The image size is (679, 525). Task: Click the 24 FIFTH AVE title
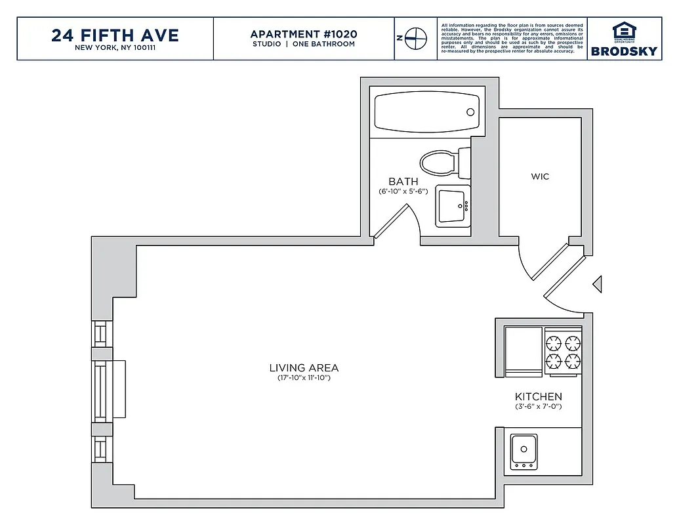[115, 34]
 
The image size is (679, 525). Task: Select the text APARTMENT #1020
[304, 33]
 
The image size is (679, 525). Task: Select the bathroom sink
[453, 207]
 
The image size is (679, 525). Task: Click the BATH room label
[403, 182]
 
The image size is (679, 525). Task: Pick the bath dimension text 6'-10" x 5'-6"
[403, 192]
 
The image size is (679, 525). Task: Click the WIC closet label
[540, 177]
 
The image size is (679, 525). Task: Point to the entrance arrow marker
[597, 284]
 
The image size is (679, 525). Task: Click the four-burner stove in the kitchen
[564, 351]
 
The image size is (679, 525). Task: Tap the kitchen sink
[524, 451]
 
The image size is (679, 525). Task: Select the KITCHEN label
[538, 396]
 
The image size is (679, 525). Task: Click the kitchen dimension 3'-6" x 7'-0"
[538, 407]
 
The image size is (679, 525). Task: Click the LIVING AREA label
[304, 368]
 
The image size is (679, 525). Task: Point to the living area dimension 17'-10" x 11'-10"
[304, 379]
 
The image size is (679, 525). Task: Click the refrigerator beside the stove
[523, 351]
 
